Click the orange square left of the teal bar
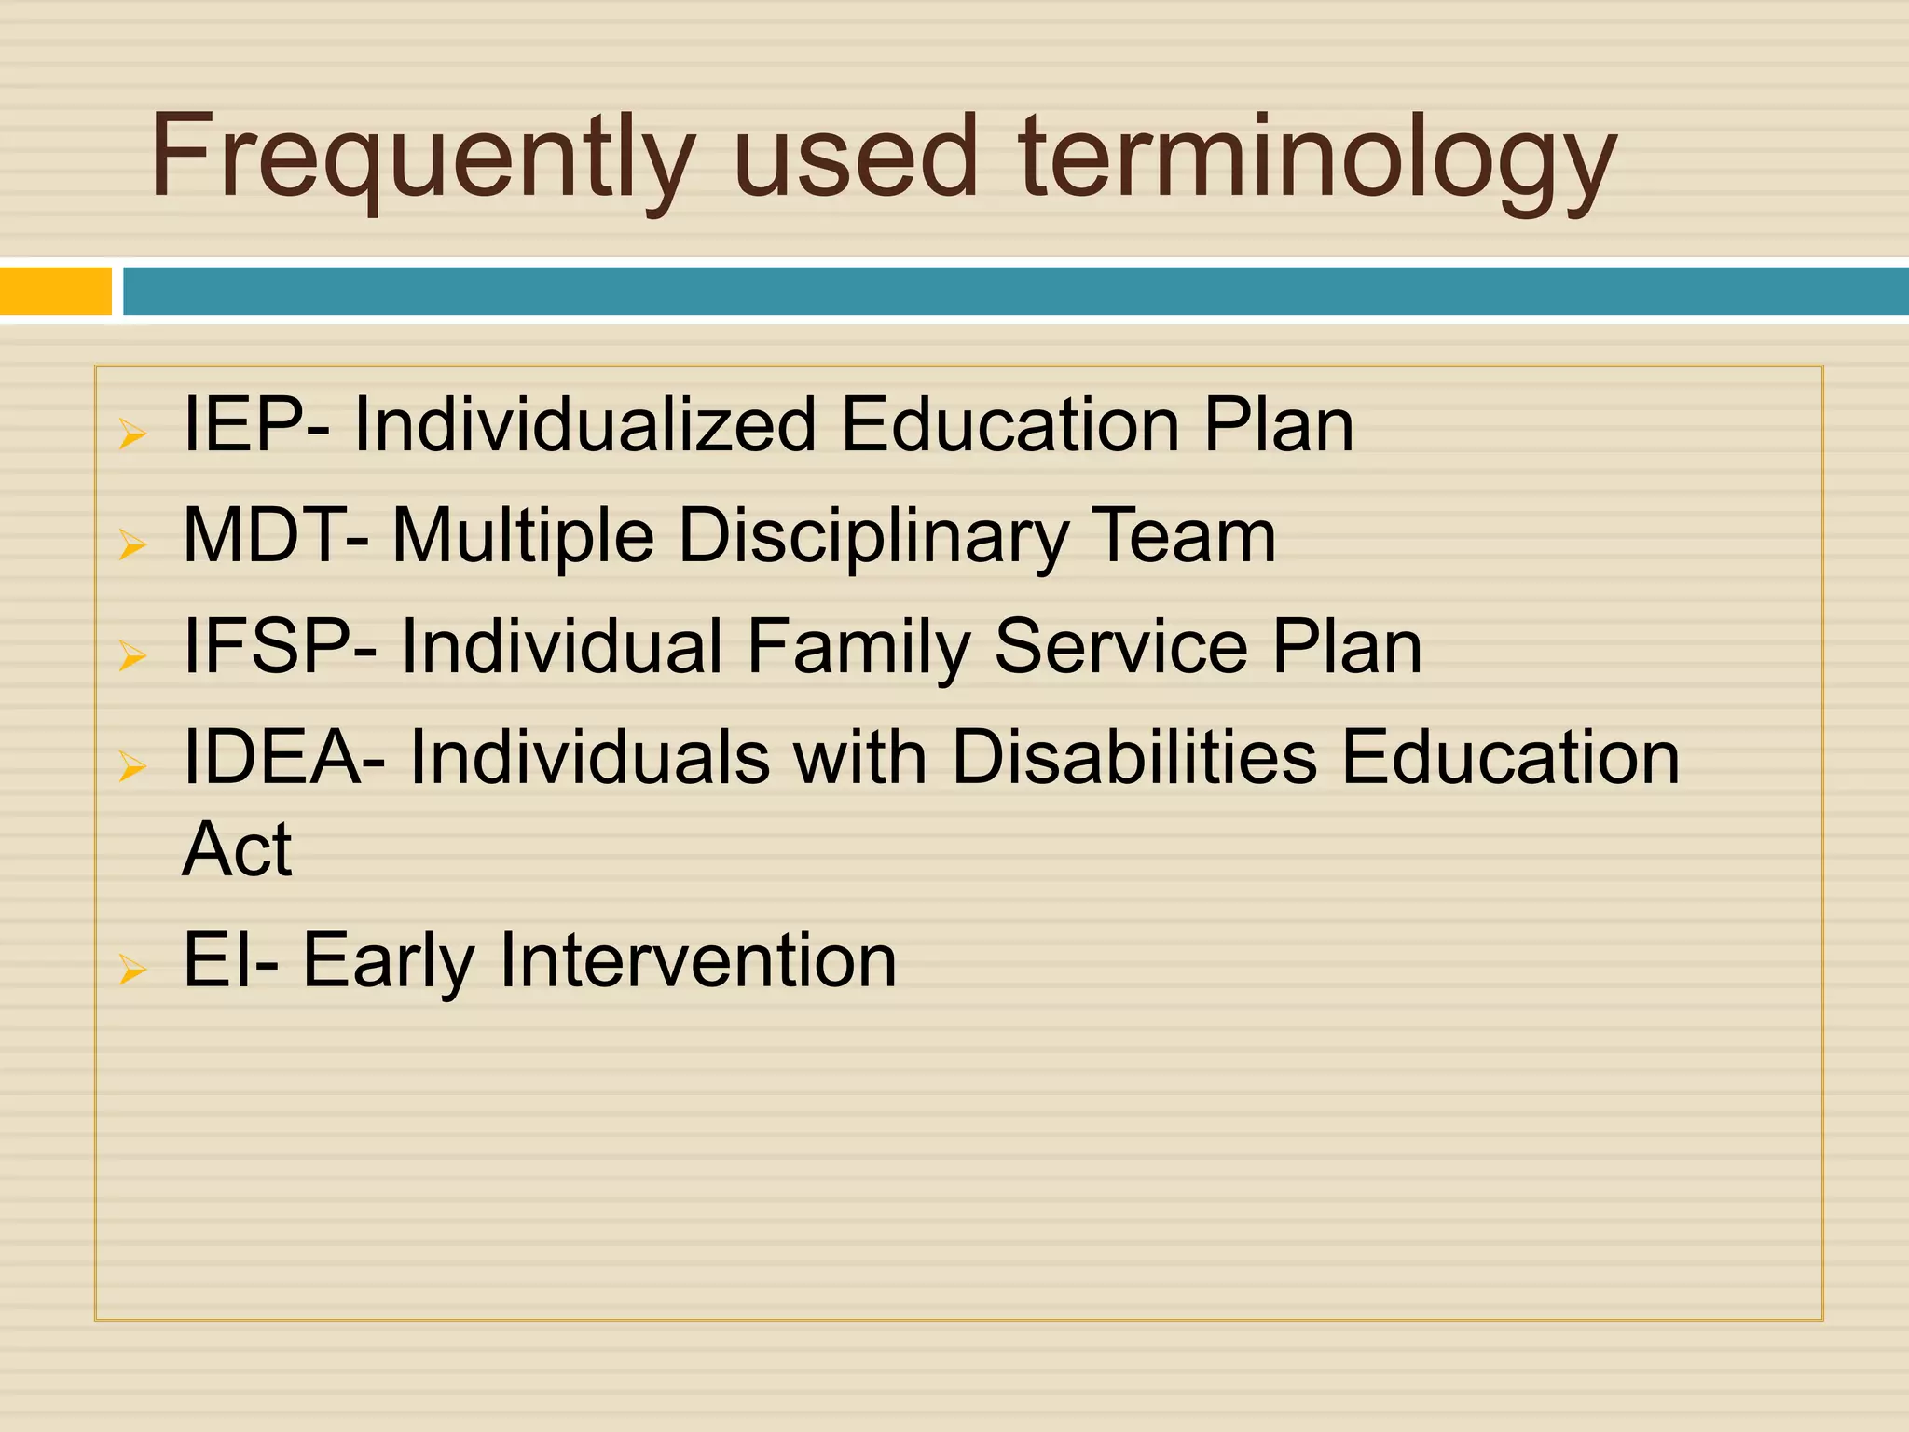tap(55, 291)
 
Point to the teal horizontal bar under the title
tap(1016, 291)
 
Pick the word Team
tap(1183, 536)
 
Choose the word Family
tap(858, 648)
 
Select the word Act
tap(237, 849)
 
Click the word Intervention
tap(698, 960)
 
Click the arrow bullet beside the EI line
tap(132, 971)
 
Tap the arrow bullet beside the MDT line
tap(132, 545)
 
